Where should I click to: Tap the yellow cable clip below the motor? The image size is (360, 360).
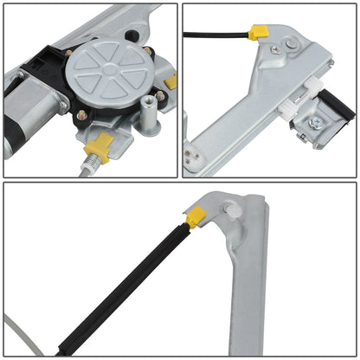click(101, 149)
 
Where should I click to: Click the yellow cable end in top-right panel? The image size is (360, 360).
click(257, 33)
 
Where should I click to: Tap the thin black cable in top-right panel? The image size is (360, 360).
click(216, 35)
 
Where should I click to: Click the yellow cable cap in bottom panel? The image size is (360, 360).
click(196, 217)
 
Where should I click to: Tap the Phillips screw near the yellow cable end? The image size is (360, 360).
click(276, 49)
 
